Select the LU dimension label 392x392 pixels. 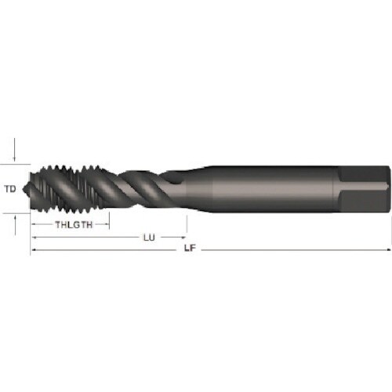(147, 237)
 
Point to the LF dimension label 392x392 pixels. (188, 249)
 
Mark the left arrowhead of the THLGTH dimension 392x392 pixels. (34, 225)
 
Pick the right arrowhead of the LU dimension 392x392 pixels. (183, 237)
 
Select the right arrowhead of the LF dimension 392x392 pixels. (387, 249)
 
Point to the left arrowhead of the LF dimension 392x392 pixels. (34, 249)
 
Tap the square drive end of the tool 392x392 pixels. (365, 188)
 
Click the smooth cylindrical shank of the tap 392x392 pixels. (267, 188)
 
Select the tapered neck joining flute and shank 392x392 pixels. (194, 187)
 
